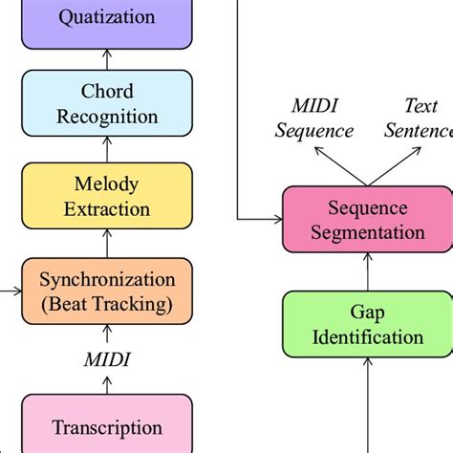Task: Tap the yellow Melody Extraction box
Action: (x=107, y=196)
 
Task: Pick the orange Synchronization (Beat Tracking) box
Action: (x=107, y=291)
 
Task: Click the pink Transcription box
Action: (x=107, y=426)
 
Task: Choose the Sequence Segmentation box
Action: (x=368, y=220)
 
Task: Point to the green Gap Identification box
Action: (x=368, y=325)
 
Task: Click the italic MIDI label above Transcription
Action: (x=107, y=358)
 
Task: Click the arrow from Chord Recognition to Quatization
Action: (x=107, y=59)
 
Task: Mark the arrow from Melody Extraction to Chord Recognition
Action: (x=107, y=151)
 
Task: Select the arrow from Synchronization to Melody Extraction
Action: (x=107, y=244)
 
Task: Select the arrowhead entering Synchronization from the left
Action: (x=16, y=291)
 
